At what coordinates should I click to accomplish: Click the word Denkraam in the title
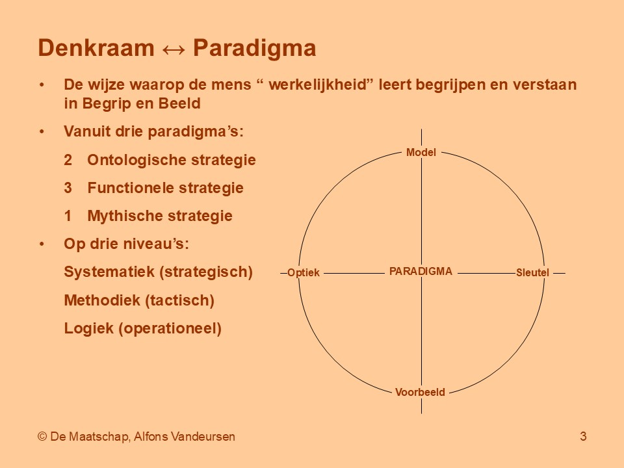click(x=96, y=47)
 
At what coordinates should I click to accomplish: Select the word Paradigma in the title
click(x=255, y=49)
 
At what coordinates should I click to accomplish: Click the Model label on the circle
click(x=421, y=152)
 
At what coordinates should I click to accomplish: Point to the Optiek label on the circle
click(x=304, y=272)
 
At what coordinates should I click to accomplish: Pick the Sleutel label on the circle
click(x=532, y=272)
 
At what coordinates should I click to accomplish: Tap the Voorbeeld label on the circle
click(x=420, y=392)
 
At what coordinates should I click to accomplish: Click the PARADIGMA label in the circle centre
click(x=421, y=272)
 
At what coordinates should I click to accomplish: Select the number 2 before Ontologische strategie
click(x=68, y=160)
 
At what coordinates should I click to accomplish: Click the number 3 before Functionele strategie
click(x=68, y=188)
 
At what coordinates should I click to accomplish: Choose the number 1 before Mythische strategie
click(x=68, y=216)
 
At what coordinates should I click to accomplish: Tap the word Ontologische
click(x=136, y=161)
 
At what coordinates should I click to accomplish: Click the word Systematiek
click(x=109, y=272)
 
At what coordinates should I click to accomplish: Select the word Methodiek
click(x=102, y=300)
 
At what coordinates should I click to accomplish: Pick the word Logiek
click(x=89, y=328)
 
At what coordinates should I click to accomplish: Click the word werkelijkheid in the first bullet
click(x=317, y=84)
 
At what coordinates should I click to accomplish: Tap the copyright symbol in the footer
click(x=42, y=437)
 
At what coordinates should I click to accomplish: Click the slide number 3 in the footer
click(x=583, y=437)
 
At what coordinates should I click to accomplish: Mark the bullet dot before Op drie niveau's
click(x=42, y=244)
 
